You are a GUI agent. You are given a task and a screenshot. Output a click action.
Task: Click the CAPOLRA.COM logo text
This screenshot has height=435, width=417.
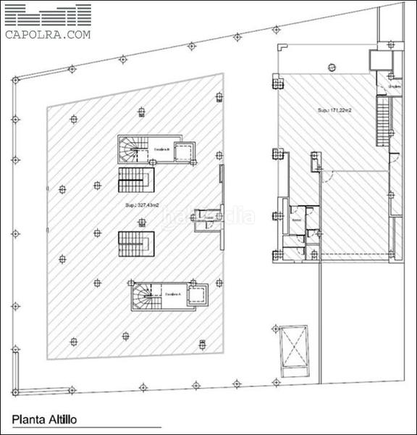pos(49,33)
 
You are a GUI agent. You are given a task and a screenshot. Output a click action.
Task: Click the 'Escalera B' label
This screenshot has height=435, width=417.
pos(161,150)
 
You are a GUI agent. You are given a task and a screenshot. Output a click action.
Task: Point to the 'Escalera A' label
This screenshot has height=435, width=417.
pos(172,294)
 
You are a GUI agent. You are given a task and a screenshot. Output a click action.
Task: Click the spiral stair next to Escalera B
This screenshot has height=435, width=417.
pos(132,151)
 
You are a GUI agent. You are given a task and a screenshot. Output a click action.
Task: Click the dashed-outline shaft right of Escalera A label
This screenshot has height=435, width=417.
pos(198,294)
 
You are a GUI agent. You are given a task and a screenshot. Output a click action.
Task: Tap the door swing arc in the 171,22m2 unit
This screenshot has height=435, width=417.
pos(327,174)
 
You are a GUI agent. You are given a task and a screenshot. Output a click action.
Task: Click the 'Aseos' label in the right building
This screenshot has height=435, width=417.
pos(296,219)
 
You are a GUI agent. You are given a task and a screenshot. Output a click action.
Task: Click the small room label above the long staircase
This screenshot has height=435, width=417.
pos(393,86)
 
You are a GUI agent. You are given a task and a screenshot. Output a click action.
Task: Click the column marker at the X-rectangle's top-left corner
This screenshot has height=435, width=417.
pos(277,328)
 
